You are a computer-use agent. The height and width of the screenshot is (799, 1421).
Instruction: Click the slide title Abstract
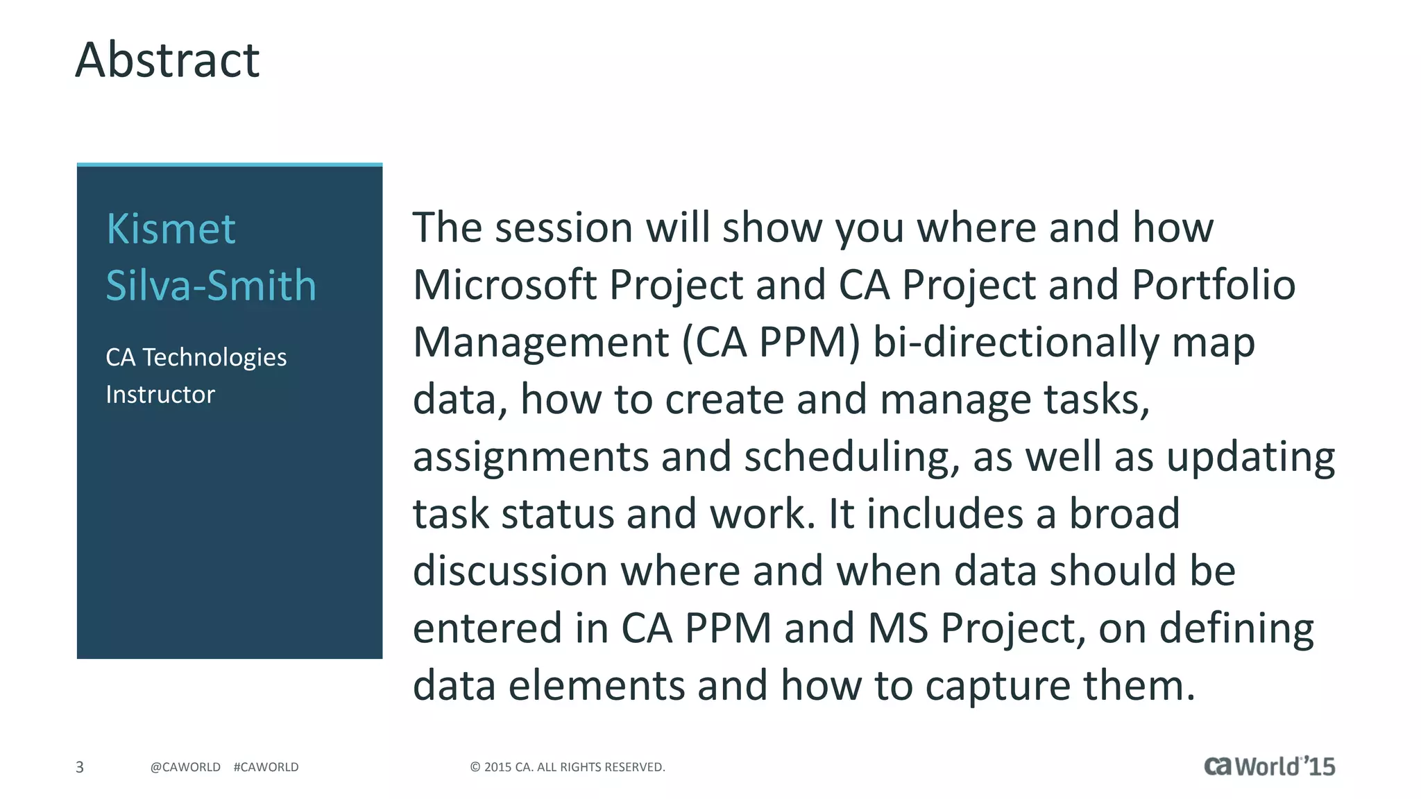pos(167,60)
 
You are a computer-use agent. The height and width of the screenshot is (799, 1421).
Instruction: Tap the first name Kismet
pos(171,229)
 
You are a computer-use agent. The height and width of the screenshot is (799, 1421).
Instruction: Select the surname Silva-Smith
pos(211,285)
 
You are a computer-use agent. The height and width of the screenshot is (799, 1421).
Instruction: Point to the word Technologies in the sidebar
pos(214,357)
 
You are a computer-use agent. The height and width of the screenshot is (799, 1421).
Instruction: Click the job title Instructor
pos(160,395)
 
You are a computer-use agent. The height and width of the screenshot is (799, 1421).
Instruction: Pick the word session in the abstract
pos(564,227)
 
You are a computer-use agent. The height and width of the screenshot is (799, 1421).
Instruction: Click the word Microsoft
pos(505,285)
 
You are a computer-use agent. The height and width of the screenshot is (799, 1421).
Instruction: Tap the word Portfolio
pos(1214,285)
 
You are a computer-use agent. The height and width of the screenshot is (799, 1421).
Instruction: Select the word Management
pos(541,343)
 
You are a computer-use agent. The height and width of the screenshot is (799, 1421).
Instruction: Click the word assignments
pos(531,457)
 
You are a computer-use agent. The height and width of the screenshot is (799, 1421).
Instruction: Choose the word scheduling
pos(852,457)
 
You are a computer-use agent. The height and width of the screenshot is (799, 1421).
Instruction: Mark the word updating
pos(1250,457)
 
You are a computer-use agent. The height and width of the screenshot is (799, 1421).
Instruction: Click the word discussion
pos(510,571)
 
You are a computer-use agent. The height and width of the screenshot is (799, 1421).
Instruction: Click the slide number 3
pos(80,767)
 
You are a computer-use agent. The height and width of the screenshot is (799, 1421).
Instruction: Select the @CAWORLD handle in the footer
pos(185,767)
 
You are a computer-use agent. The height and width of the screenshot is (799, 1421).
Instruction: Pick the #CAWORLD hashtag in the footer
pos(266,767)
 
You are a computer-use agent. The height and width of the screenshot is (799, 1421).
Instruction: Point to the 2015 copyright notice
pos(568,767)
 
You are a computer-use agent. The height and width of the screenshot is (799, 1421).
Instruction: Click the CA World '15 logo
pos(1269,766)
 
